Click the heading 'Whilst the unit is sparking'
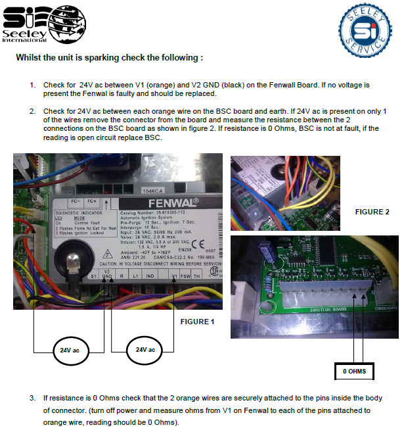[x=109, y=57]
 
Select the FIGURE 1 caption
[x=197, y=322]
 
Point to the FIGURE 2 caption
[x=372, y=212]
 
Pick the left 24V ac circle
[x=71, y=349]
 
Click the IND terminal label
[x=150, y=276]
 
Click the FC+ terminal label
[x=91, y=201]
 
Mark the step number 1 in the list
[x=33, y=85]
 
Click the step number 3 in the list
[x=33, y=399]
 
